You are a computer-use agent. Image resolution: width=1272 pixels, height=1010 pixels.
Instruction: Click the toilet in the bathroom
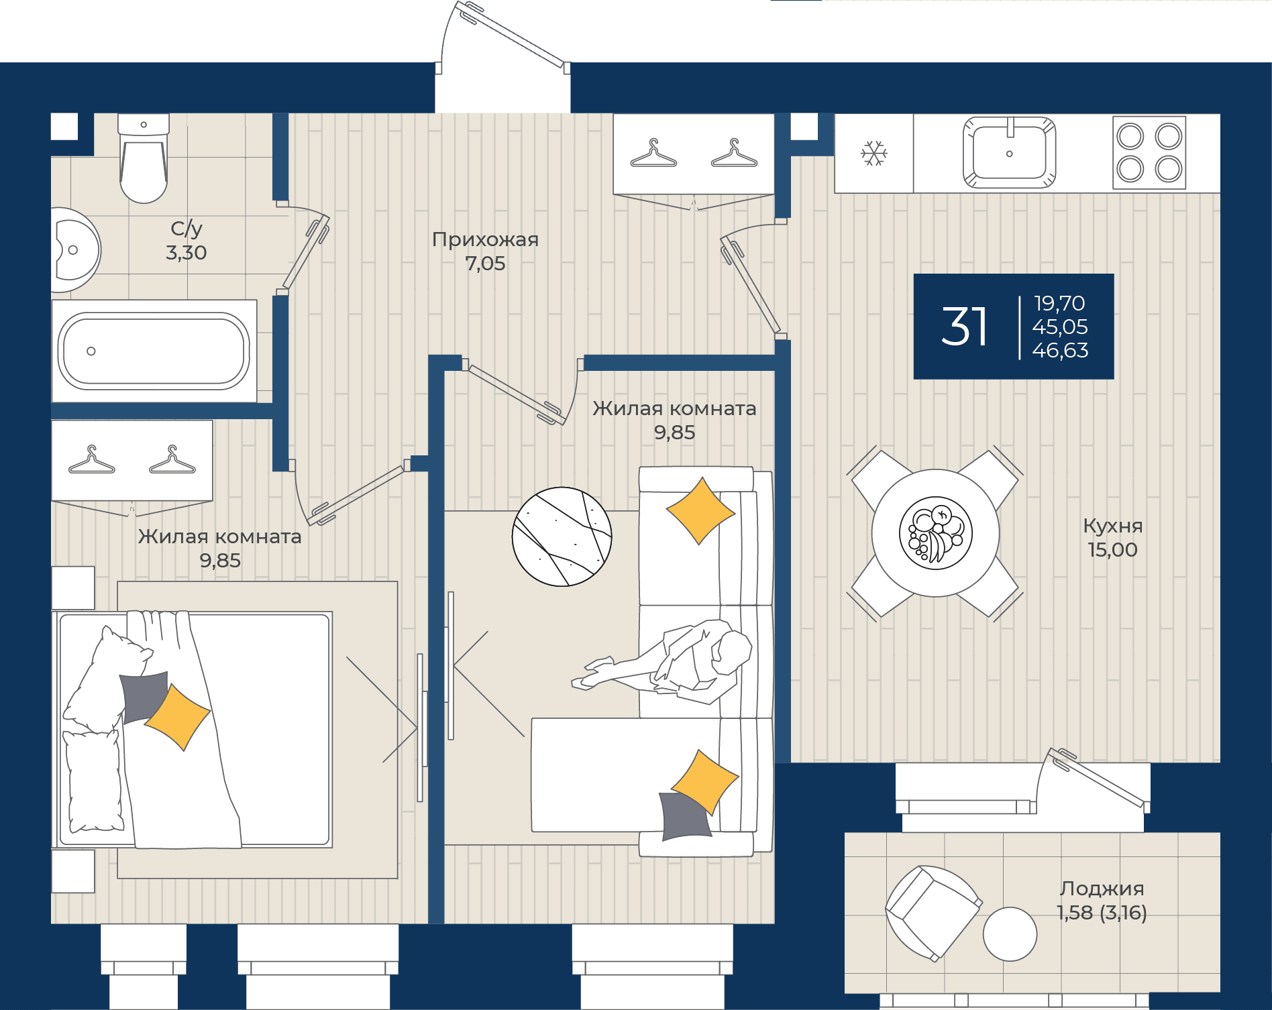point(143,158)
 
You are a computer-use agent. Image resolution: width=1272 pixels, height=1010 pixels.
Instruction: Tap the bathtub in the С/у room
point(154,351)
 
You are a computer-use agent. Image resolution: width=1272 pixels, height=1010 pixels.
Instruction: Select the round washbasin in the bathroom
point(74,250)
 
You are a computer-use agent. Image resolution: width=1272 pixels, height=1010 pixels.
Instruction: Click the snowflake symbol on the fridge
point(873,154)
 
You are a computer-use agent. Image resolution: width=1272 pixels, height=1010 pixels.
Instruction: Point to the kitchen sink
point(1009,153)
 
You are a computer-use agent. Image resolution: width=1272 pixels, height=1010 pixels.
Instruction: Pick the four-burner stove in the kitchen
point(1149,153)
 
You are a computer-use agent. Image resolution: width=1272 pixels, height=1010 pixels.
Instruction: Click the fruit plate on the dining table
point(935,533)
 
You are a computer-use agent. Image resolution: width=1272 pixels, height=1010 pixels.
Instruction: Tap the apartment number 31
point(964,327)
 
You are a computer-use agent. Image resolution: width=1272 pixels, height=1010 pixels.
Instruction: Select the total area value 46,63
point(1060,350)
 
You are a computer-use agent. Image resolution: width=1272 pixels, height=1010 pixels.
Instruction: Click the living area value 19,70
point(1059,303)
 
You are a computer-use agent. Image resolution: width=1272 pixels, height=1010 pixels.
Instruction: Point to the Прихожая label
point(485,239)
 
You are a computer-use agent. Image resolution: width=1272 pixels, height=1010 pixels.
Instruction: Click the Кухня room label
point(1112,526)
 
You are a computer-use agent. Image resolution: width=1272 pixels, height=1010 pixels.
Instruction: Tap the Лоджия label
point(1102,889)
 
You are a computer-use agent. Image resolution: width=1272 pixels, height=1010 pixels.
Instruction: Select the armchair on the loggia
point(933,912)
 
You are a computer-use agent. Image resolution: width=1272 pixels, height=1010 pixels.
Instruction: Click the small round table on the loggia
point(1010,934)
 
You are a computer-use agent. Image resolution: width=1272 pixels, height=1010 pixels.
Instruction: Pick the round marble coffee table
point(562,537)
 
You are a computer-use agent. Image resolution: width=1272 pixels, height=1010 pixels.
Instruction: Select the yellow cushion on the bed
point(177,717)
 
